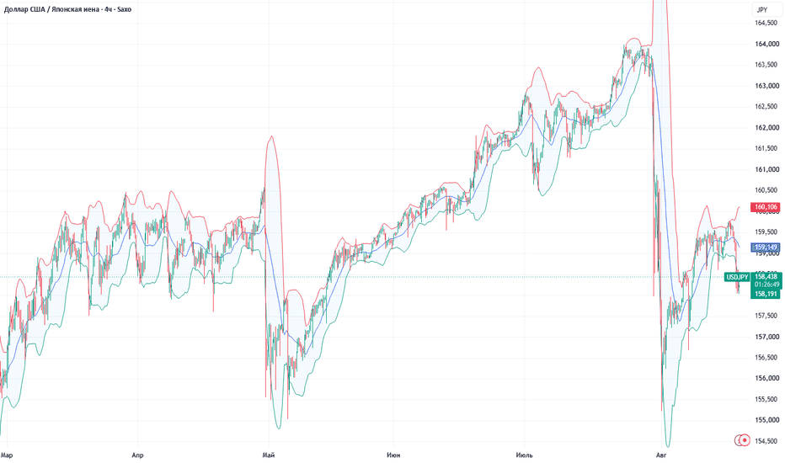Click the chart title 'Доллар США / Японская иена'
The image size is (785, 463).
coord(51,9)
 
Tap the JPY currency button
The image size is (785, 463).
coord(762,9)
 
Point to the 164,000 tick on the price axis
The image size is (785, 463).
coord(767,44)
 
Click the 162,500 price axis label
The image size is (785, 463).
coord(767,107)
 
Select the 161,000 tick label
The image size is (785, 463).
coord(767,169)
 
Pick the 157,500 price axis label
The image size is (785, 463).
coord(767,316)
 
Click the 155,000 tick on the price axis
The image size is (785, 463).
coord(767,420)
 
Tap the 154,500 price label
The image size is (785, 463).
coord(767,441)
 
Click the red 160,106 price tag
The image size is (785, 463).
coord(766,207)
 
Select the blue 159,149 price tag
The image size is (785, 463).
coord(766,247)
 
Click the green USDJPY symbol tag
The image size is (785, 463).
coord(737,277)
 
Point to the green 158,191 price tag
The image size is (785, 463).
coord(766,294)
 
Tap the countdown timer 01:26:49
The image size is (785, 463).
coord(767,285)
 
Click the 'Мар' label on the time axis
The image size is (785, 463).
coord(7,455)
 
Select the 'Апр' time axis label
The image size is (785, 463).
coord(137,455)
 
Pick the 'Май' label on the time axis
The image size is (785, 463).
coord(269,455)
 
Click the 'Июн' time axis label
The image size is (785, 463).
coord(393,455)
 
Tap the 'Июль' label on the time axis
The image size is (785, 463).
coord(524,455)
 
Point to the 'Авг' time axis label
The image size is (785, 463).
coord(661,455)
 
